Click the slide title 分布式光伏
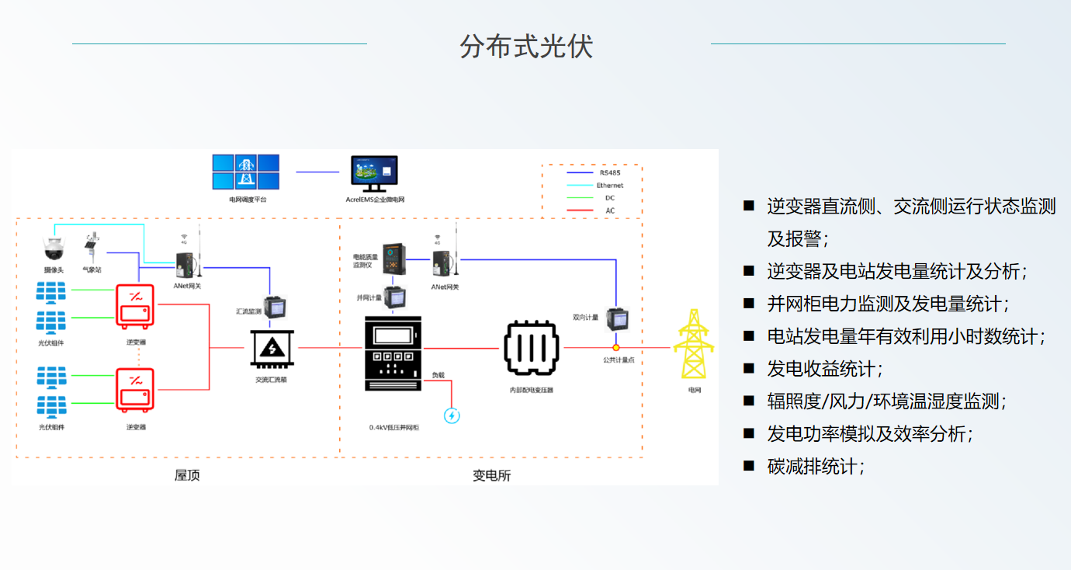pyautogui.click(x=526, y=47)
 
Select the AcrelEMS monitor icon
pyautogui.click(x=374, y=173)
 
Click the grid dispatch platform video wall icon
pyautogui.click(x=245, y=172)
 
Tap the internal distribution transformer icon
pyautogui.click(x=532, y=349)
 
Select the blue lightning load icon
pyautogui.click(x=452, y=415)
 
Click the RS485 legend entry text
pyautogui.click(x=610, y=173)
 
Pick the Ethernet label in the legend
pyautogui.click(x=610, y=186)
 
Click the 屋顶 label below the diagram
pyautogui.click(x=187, y=474)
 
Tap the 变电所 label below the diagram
pyautogui.click(x=492, y=475)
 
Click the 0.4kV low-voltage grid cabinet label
pyautogui.click(x=394, y=428)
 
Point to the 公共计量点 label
pyautogui.click(x=619, y=360)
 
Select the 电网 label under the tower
pyautogui.click(x=694, y=390)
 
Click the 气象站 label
pyautogui.click(x=92, y=269)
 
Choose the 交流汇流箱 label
pyautogui.click(x=271, y=380)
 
